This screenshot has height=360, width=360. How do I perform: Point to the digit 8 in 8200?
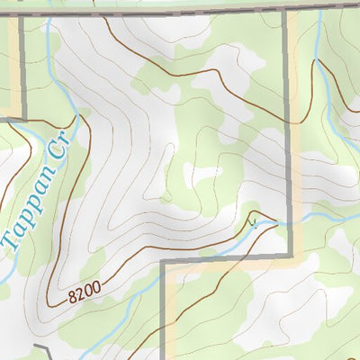pos(70,295)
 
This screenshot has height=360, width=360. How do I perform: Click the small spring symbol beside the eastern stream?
pos(255,222)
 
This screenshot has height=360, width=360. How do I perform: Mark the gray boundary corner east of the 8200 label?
pos(163,263)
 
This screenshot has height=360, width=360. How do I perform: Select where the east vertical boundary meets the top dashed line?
pos(288,12)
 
